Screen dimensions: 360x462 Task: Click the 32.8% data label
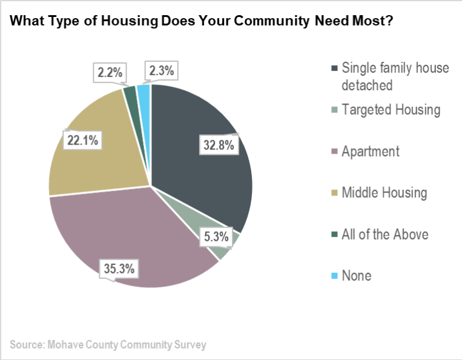pos(217,145)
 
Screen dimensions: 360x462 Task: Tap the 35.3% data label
pos(117,266)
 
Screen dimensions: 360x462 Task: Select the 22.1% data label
pos(82,140)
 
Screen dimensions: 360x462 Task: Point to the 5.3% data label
pos(216,237)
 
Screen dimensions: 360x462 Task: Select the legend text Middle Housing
pos(384,193)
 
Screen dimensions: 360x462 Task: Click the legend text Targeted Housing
pos(391,110)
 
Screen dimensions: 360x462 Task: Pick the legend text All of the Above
pos(385,234)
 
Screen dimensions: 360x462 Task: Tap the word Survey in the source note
pos(190,345)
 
